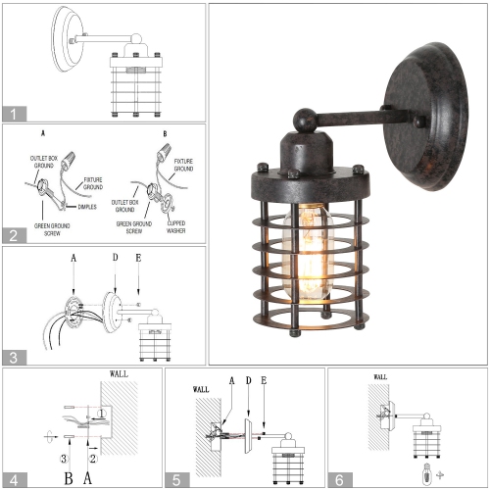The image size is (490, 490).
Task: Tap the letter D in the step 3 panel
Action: pos(115,258)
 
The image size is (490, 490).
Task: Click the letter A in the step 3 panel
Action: pos(73,258)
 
